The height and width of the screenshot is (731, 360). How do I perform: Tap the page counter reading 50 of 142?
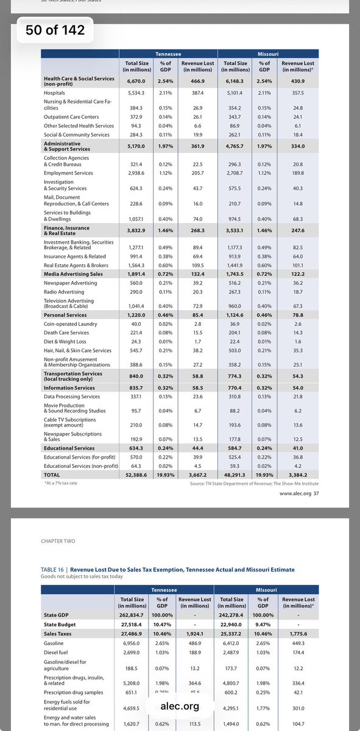[x=51, y=30]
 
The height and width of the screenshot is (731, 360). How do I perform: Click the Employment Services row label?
[x=68, y=173]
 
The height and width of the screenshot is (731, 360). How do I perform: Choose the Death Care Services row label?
[x=66, y=333]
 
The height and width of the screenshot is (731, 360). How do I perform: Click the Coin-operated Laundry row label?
[x=70, y=324]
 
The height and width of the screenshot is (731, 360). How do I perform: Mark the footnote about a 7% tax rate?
[x=61, y=482]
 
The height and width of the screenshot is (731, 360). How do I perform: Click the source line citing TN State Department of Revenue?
[x=253, y=482]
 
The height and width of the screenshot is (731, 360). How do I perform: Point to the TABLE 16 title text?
[x=168, y=570]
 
